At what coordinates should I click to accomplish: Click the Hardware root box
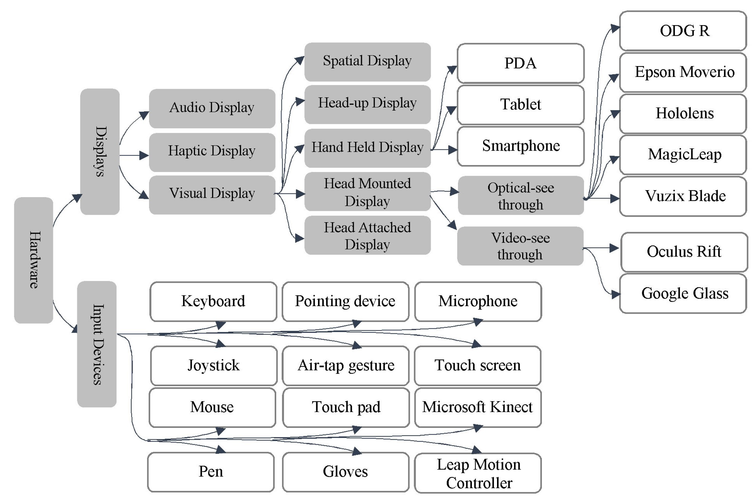[33, 260]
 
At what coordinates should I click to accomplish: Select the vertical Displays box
[100, 151]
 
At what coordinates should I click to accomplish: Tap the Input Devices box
[97, 344]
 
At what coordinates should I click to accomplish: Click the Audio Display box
[212, 108]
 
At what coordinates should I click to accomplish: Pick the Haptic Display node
[212, 152]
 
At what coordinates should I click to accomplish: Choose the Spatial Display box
[367, 61]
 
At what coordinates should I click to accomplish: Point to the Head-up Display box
[367, 104]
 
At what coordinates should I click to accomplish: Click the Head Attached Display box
[367, 236]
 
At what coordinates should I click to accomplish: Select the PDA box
[520, 63]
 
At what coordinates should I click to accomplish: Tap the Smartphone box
[520, 146]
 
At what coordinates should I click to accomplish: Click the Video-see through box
[520, 246]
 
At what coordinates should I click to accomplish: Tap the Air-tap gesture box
[345, 366]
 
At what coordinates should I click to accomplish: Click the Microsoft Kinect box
[477, 407]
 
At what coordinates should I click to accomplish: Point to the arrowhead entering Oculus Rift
[614, 248]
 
